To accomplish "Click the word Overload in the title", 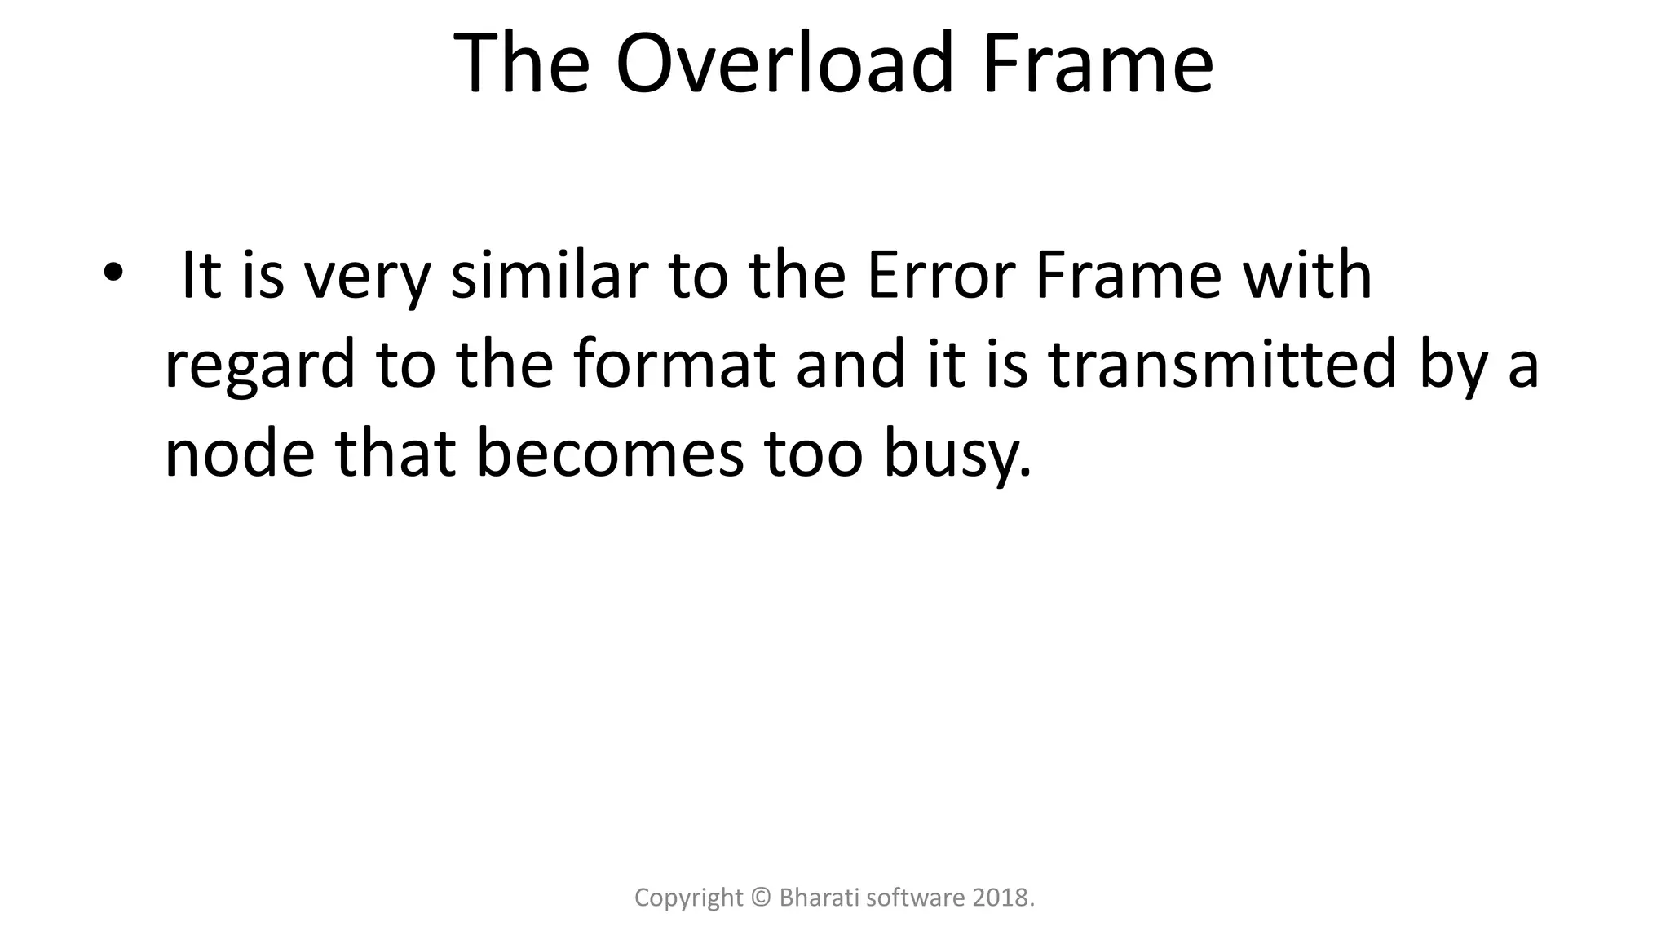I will [784, 64].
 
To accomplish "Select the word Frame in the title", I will [1098, 64].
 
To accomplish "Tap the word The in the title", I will [521, 64].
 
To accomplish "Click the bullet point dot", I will [112, 272].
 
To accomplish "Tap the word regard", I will [259, 366].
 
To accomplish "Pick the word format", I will [674, 365].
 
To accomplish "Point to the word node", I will [239, 454].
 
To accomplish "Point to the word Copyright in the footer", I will [689, 898].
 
